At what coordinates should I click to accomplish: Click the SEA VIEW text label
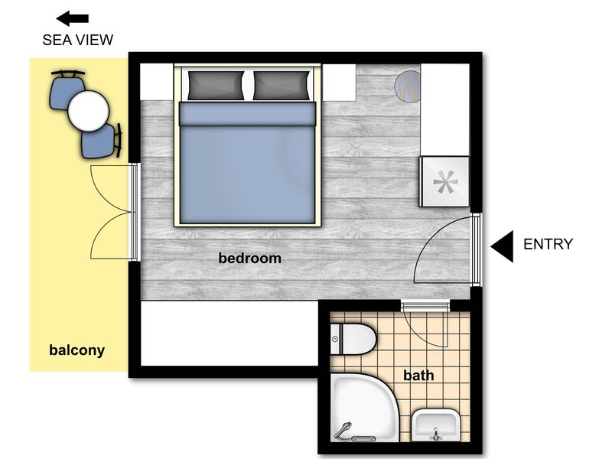[x=78, y=40]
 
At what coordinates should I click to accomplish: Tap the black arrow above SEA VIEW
[x=73, y=18]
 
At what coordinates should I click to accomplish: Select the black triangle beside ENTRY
[x=502, y=246]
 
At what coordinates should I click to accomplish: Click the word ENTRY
[x=548, y=244]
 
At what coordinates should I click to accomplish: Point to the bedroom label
[x=250, y=258]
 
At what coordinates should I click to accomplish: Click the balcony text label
[x=77, y=350]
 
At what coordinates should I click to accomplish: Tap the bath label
[x=418, y=376]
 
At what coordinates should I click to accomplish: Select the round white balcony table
[x=88, y=111]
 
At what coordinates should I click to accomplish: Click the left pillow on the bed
[x=216, y=85]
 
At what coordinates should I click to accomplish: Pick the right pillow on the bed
[x=282, y=85]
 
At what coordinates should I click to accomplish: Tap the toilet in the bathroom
[x=353, y=339]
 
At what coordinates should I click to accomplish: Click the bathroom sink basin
[x=435, y=425]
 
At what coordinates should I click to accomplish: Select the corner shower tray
[x=363, y=408]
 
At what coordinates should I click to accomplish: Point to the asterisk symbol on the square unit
[x=445, y=182]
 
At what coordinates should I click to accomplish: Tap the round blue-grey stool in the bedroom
[x=408, y=86]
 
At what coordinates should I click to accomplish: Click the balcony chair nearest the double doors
[x=101, y=141]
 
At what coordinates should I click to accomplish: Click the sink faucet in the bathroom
[x=435, y=434]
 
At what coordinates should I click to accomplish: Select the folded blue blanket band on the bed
[x=247, y=114]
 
